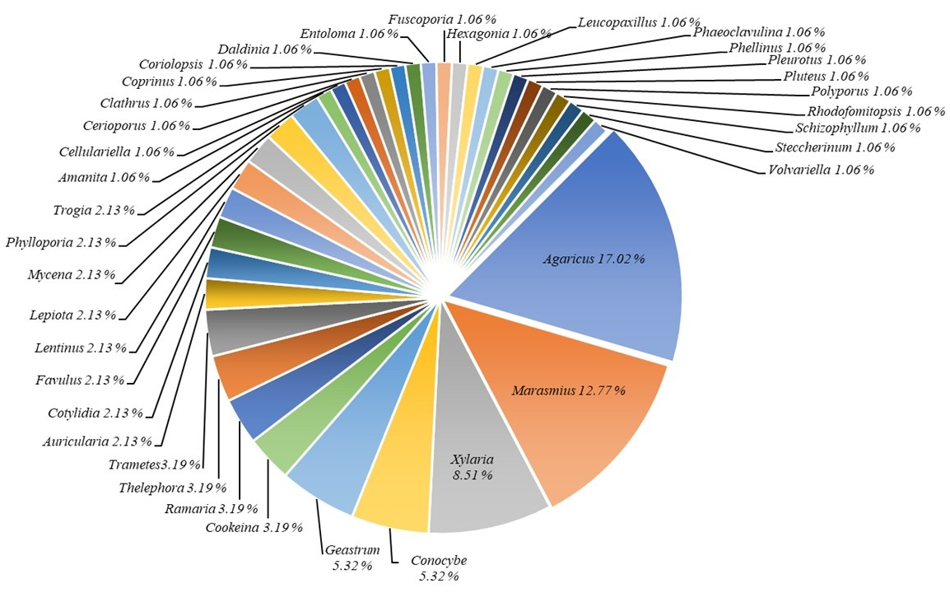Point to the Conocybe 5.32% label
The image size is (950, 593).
pos(438,568)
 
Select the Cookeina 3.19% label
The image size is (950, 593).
pos(254,527)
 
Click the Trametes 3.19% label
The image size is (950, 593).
pos(156,465)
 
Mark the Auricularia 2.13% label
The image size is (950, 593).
pos(97,442)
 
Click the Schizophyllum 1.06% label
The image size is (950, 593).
pos(857,128)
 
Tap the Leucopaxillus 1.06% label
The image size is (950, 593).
pos(638,22)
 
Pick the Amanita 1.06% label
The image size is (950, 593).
pos(104,177)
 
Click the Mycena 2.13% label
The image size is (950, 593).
pos(71,274)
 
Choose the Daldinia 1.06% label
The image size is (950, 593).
pos(264,49)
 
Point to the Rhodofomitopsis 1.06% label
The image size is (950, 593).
pos(875,111)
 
